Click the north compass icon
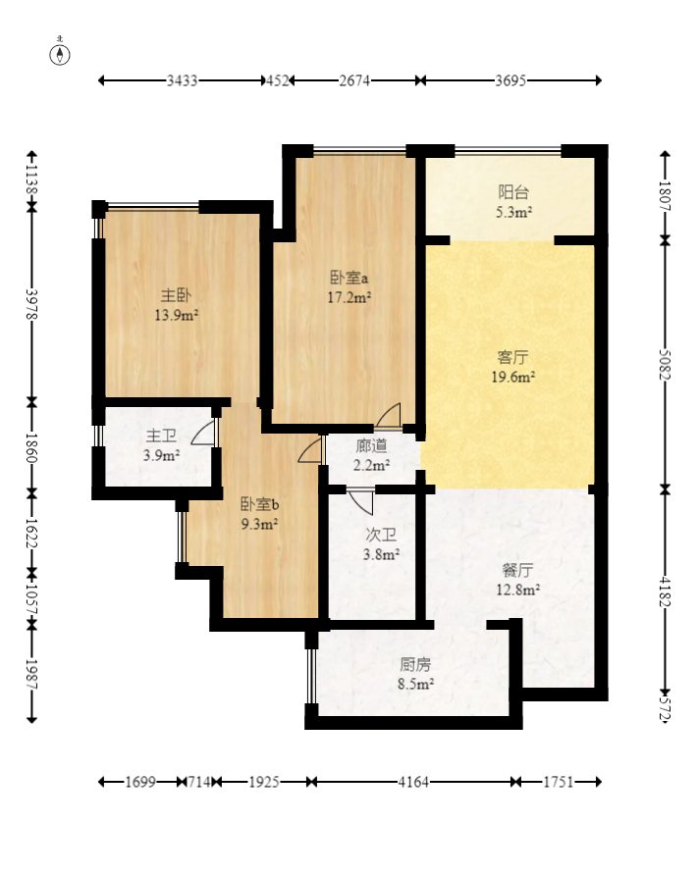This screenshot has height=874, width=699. (x=60, y=53)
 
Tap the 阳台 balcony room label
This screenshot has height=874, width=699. (x=513, y=192)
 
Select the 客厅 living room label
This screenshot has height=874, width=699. (x=512, y=357)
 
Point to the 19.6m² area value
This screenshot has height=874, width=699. (x=513, y=378)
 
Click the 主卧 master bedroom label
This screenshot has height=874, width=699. (x=177, y=295)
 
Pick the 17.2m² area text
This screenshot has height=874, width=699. (x=349, y=297)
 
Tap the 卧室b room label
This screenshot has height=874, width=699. (x=259, y=504)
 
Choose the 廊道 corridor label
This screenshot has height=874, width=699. (x=371, y=445)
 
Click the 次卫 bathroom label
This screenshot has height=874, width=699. (x=381, y=536)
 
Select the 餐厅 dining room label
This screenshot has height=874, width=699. (x=517, y=570)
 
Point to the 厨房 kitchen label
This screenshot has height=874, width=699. (x=415, y=664)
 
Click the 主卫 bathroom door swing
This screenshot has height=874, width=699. (x=203, y=433)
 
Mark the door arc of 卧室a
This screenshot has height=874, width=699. (x=388, y=416)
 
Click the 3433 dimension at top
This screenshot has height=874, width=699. (x=183, y=80)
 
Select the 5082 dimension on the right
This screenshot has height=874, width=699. (x=665, y=365)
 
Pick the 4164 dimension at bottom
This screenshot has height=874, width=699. (x=413, y=783)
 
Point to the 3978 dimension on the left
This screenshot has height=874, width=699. (x=31, y=304)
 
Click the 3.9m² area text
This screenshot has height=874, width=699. (x=161, y=456)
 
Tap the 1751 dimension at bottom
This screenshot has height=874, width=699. (x=559, y=783)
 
